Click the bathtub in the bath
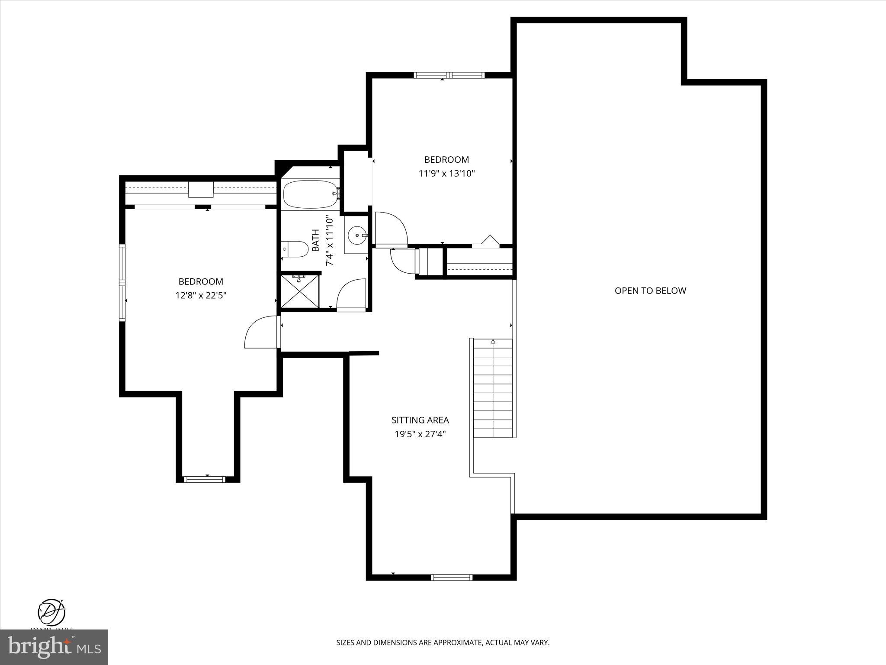[x=310, y=194]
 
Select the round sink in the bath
[x=357, y=235]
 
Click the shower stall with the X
[x=300, y=291]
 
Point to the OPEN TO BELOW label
[x=650, y=291]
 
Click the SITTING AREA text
[x=420, y=420]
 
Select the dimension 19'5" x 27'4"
[x=420, y=434]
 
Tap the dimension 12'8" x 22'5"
[x=201, y=296]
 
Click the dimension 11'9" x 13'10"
[x=446, y=174]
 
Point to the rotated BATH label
[x=316, y=241]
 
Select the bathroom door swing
[x=351, y=294]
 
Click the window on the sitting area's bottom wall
[x=452, y=577]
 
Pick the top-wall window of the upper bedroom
[x=449, y=75]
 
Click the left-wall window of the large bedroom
[x=122, y=282]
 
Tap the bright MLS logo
[x=54, y=646]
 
